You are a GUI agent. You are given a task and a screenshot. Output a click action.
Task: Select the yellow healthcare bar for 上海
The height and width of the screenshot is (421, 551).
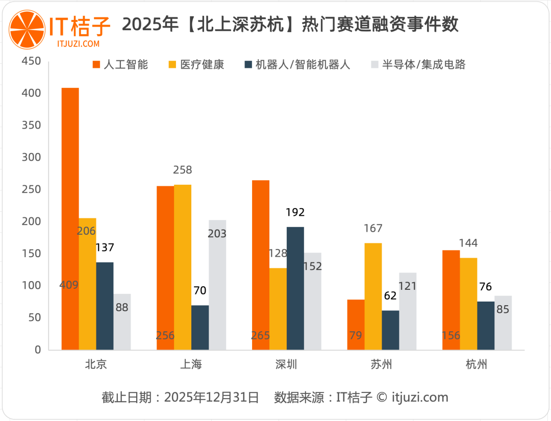[183, 265]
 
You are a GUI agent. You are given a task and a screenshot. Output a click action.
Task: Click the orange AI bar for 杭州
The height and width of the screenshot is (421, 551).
[451, 296]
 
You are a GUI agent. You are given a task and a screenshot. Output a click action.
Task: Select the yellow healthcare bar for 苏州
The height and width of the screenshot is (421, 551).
[373, 296]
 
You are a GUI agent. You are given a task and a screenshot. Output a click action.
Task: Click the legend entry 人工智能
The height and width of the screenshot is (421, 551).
[120, 65]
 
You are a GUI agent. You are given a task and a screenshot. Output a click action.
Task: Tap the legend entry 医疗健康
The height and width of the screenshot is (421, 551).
[196, 65]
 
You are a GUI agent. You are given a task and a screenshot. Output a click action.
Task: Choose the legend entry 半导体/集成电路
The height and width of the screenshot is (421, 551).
[418, 65]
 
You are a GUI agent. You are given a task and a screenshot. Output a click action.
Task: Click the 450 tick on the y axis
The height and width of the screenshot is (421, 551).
[31, 61]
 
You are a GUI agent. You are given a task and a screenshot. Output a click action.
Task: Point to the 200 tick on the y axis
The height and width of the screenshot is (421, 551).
[31, 222]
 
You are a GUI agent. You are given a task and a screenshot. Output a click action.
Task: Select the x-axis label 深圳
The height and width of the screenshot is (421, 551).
[286, 364]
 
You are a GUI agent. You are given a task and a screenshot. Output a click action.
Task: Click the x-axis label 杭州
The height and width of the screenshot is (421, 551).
[477, 364]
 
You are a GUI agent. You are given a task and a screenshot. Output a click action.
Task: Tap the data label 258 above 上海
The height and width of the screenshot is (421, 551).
[183, 170]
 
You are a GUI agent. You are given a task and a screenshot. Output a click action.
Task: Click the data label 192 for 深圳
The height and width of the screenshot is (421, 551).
[295, 213]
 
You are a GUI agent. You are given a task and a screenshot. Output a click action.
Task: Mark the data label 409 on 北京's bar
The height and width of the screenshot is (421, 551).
[69, 285]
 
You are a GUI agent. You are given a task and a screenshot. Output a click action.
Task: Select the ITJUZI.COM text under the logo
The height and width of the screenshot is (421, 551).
[78, 44]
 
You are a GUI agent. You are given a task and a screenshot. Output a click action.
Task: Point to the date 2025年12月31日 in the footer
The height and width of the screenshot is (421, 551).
[212, 398]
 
